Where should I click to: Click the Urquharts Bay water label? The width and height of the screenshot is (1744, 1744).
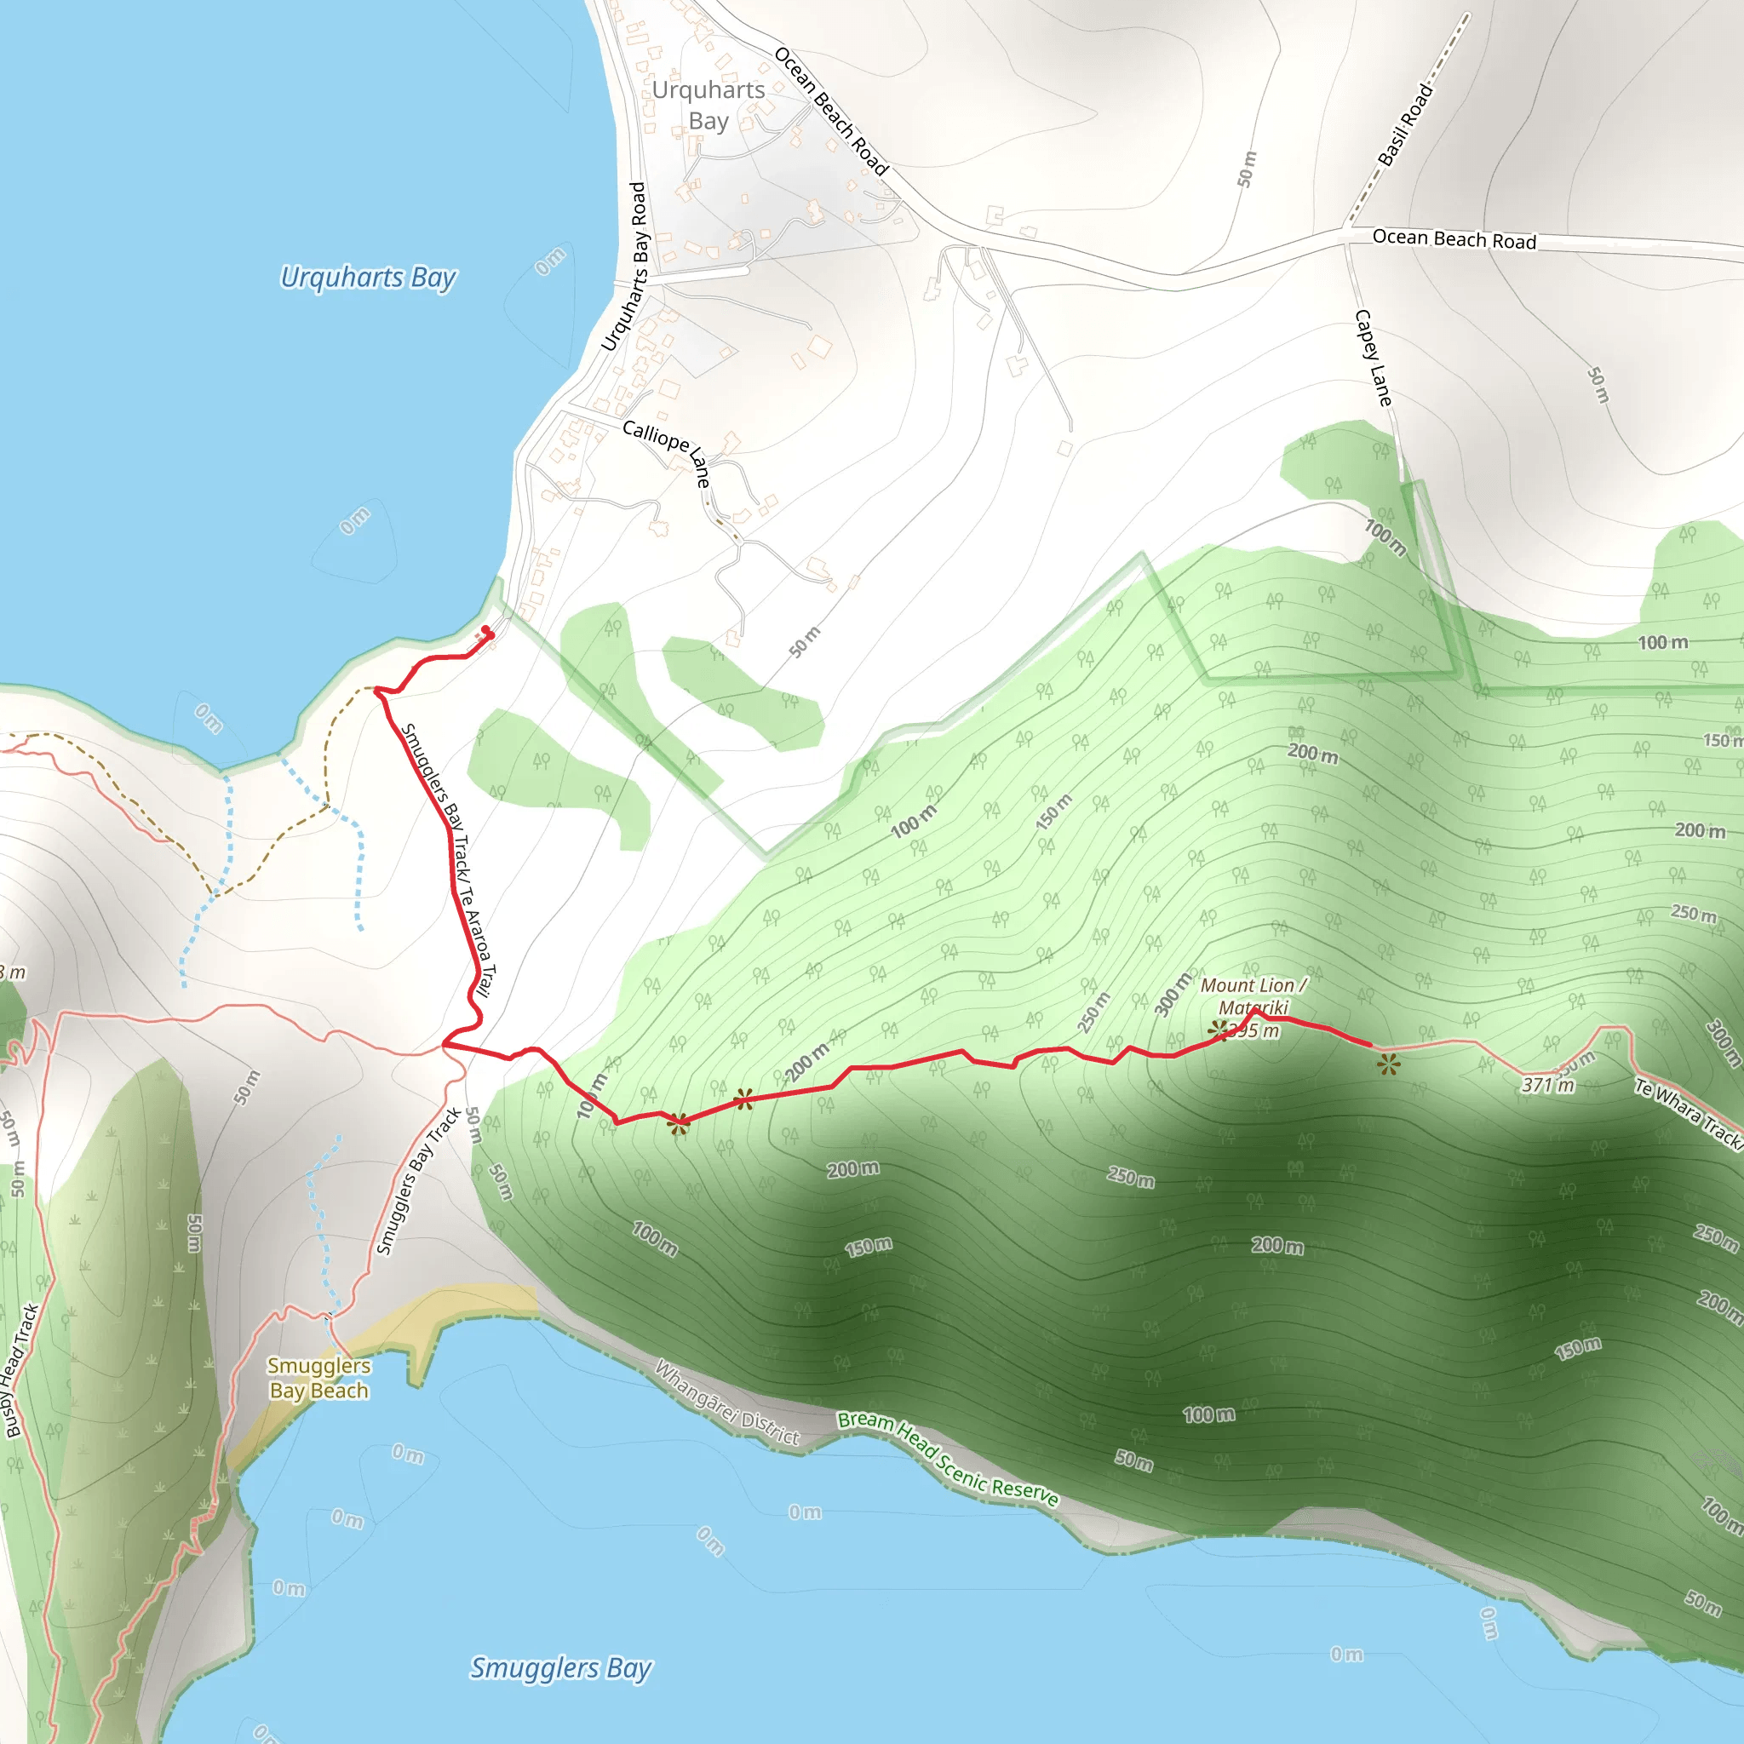(x=368, y=277)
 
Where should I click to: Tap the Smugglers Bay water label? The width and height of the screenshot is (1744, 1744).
(x=560, y=1668)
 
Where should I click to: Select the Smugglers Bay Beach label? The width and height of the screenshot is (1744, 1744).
(x=318, y=1379)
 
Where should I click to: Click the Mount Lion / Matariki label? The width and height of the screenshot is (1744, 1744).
(x=1253, y=995)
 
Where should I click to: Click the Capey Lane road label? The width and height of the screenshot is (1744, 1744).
(x=1373, y=358)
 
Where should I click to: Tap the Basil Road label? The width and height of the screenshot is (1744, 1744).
(x=1405, y=124)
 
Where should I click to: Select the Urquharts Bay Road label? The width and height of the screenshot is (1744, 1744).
(x=625, y=267)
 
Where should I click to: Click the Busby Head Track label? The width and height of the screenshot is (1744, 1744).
(x=21, y=1370)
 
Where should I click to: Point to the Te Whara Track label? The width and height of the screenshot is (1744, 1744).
(x=1687, y=1113)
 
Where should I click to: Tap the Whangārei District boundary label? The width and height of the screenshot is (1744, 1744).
(x=726, y=1402)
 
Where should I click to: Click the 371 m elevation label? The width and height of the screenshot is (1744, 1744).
(x=1547, y=1085)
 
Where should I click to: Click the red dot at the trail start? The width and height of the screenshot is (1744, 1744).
(x=485, y=630)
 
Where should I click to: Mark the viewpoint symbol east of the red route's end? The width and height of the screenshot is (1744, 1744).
(x=1388, y=1065)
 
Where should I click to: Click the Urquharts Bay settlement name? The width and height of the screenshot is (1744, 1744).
(x=708, y=105)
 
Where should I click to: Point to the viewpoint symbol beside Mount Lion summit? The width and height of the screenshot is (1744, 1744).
(x=1218, y=1028)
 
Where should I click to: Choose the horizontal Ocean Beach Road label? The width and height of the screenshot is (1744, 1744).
(x=1454, y=239)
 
